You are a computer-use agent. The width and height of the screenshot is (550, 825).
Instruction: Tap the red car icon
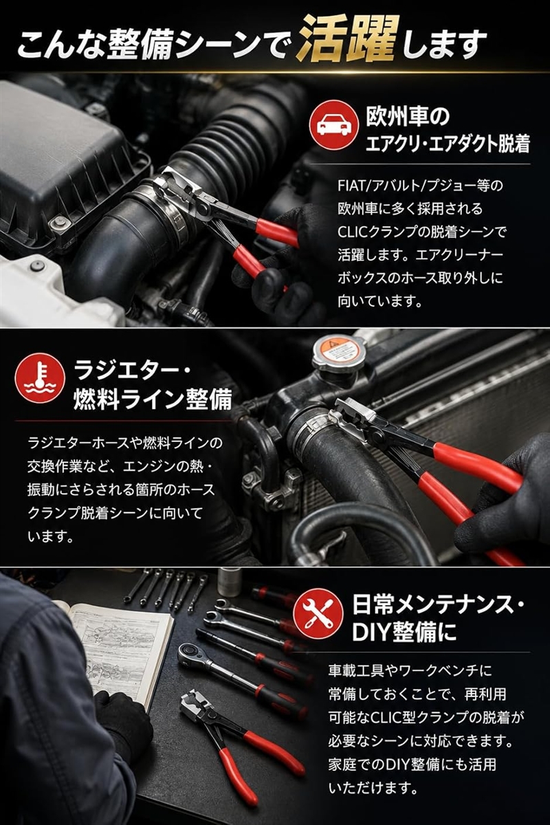[x=333, y=126]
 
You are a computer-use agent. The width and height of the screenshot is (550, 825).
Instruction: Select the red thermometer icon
[x=40, y=378]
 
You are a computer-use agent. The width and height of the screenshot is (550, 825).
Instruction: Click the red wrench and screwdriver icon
[x=318, y=613]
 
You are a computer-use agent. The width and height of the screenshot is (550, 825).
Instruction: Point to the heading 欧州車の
[x=408, y=117]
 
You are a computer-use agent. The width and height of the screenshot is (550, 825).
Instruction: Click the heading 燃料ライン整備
[x=153, y=399]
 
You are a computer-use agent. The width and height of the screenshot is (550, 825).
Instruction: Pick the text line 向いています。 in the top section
[x=379, y=301]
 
